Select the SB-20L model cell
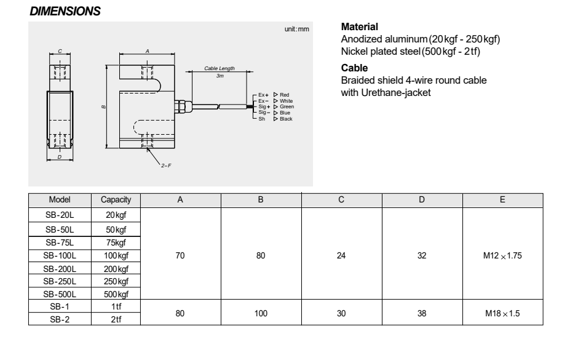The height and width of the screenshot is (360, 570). coord(60,215)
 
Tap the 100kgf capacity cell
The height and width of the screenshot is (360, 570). coord(116,255)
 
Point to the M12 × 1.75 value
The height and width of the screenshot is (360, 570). coord(502,255)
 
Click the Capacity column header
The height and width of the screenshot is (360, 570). coord(116,201)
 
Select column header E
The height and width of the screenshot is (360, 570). coord(502,201)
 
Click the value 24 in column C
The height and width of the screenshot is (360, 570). coord(341,255)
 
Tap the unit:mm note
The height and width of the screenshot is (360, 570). coord(297,30)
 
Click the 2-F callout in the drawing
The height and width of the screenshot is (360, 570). coord(165,167)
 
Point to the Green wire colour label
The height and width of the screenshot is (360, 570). coord(287,106)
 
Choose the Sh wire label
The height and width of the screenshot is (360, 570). coord(261,118)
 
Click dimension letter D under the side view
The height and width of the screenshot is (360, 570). coord(60,158)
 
